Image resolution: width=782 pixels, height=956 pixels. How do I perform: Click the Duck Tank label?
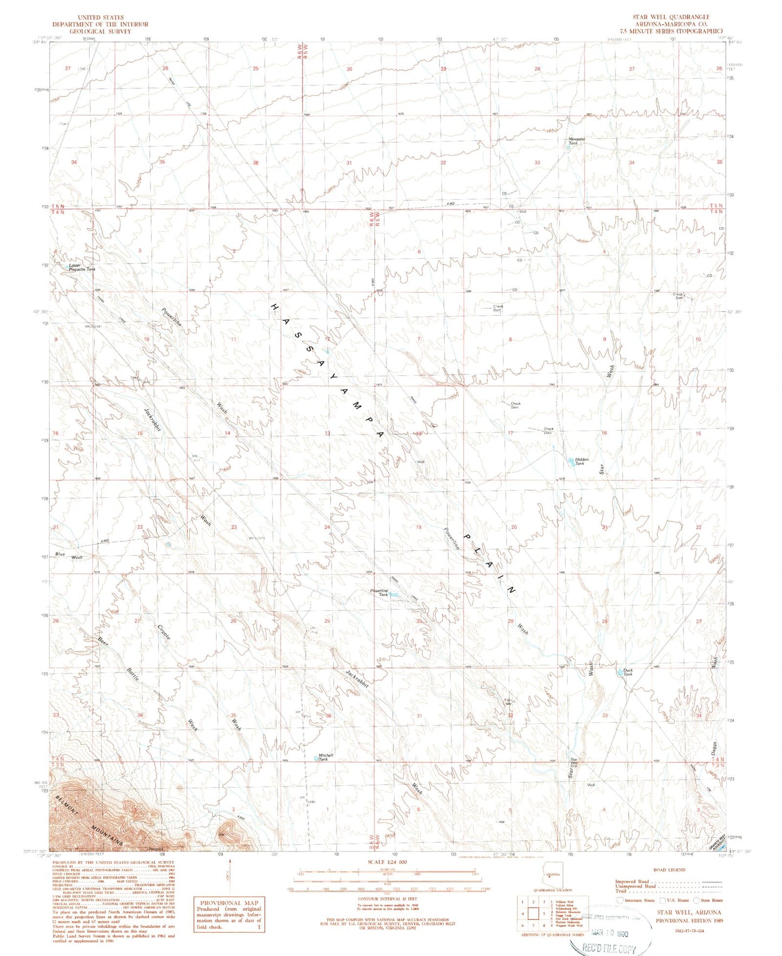[627, 672]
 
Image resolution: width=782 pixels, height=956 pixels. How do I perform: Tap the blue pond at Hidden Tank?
[570, 461]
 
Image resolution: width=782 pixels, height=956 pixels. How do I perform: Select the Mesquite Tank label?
[576, 141]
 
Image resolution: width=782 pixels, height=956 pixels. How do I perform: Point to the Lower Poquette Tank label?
[82, 267]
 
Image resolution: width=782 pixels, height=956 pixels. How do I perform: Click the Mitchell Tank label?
[326, 757]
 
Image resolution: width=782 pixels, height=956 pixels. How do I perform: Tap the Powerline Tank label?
[379, 592]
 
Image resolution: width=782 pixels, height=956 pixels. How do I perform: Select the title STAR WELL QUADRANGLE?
[671, 17]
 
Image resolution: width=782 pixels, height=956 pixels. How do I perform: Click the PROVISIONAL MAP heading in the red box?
[229, 902]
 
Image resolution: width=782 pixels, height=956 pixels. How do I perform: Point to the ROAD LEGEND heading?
[669, 869]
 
